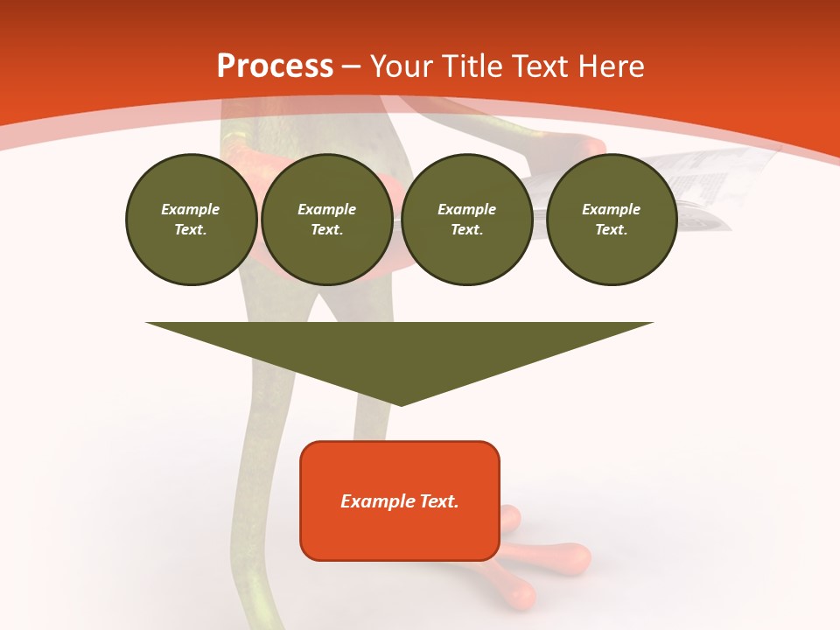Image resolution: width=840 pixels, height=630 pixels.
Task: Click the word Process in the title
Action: tap(275, 66)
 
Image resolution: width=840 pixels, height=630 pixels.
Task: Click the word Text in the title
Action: tap(541, 66)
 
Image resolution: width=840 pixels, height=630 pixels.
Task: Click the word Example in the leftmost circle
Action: tap(191, 209)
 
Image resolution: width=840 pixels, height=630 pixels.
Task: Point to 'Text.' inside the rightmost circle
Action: tap(612, 229)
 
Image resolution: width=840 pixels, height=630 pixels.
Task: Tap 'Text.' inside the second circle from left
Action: tap(327, 229)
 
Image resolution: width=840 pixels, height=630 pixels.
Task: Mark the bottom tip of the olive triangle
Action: tap(401, 403)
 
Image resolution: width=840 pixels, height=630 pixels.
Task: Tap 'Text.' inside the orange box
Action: tap(439, 501)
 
